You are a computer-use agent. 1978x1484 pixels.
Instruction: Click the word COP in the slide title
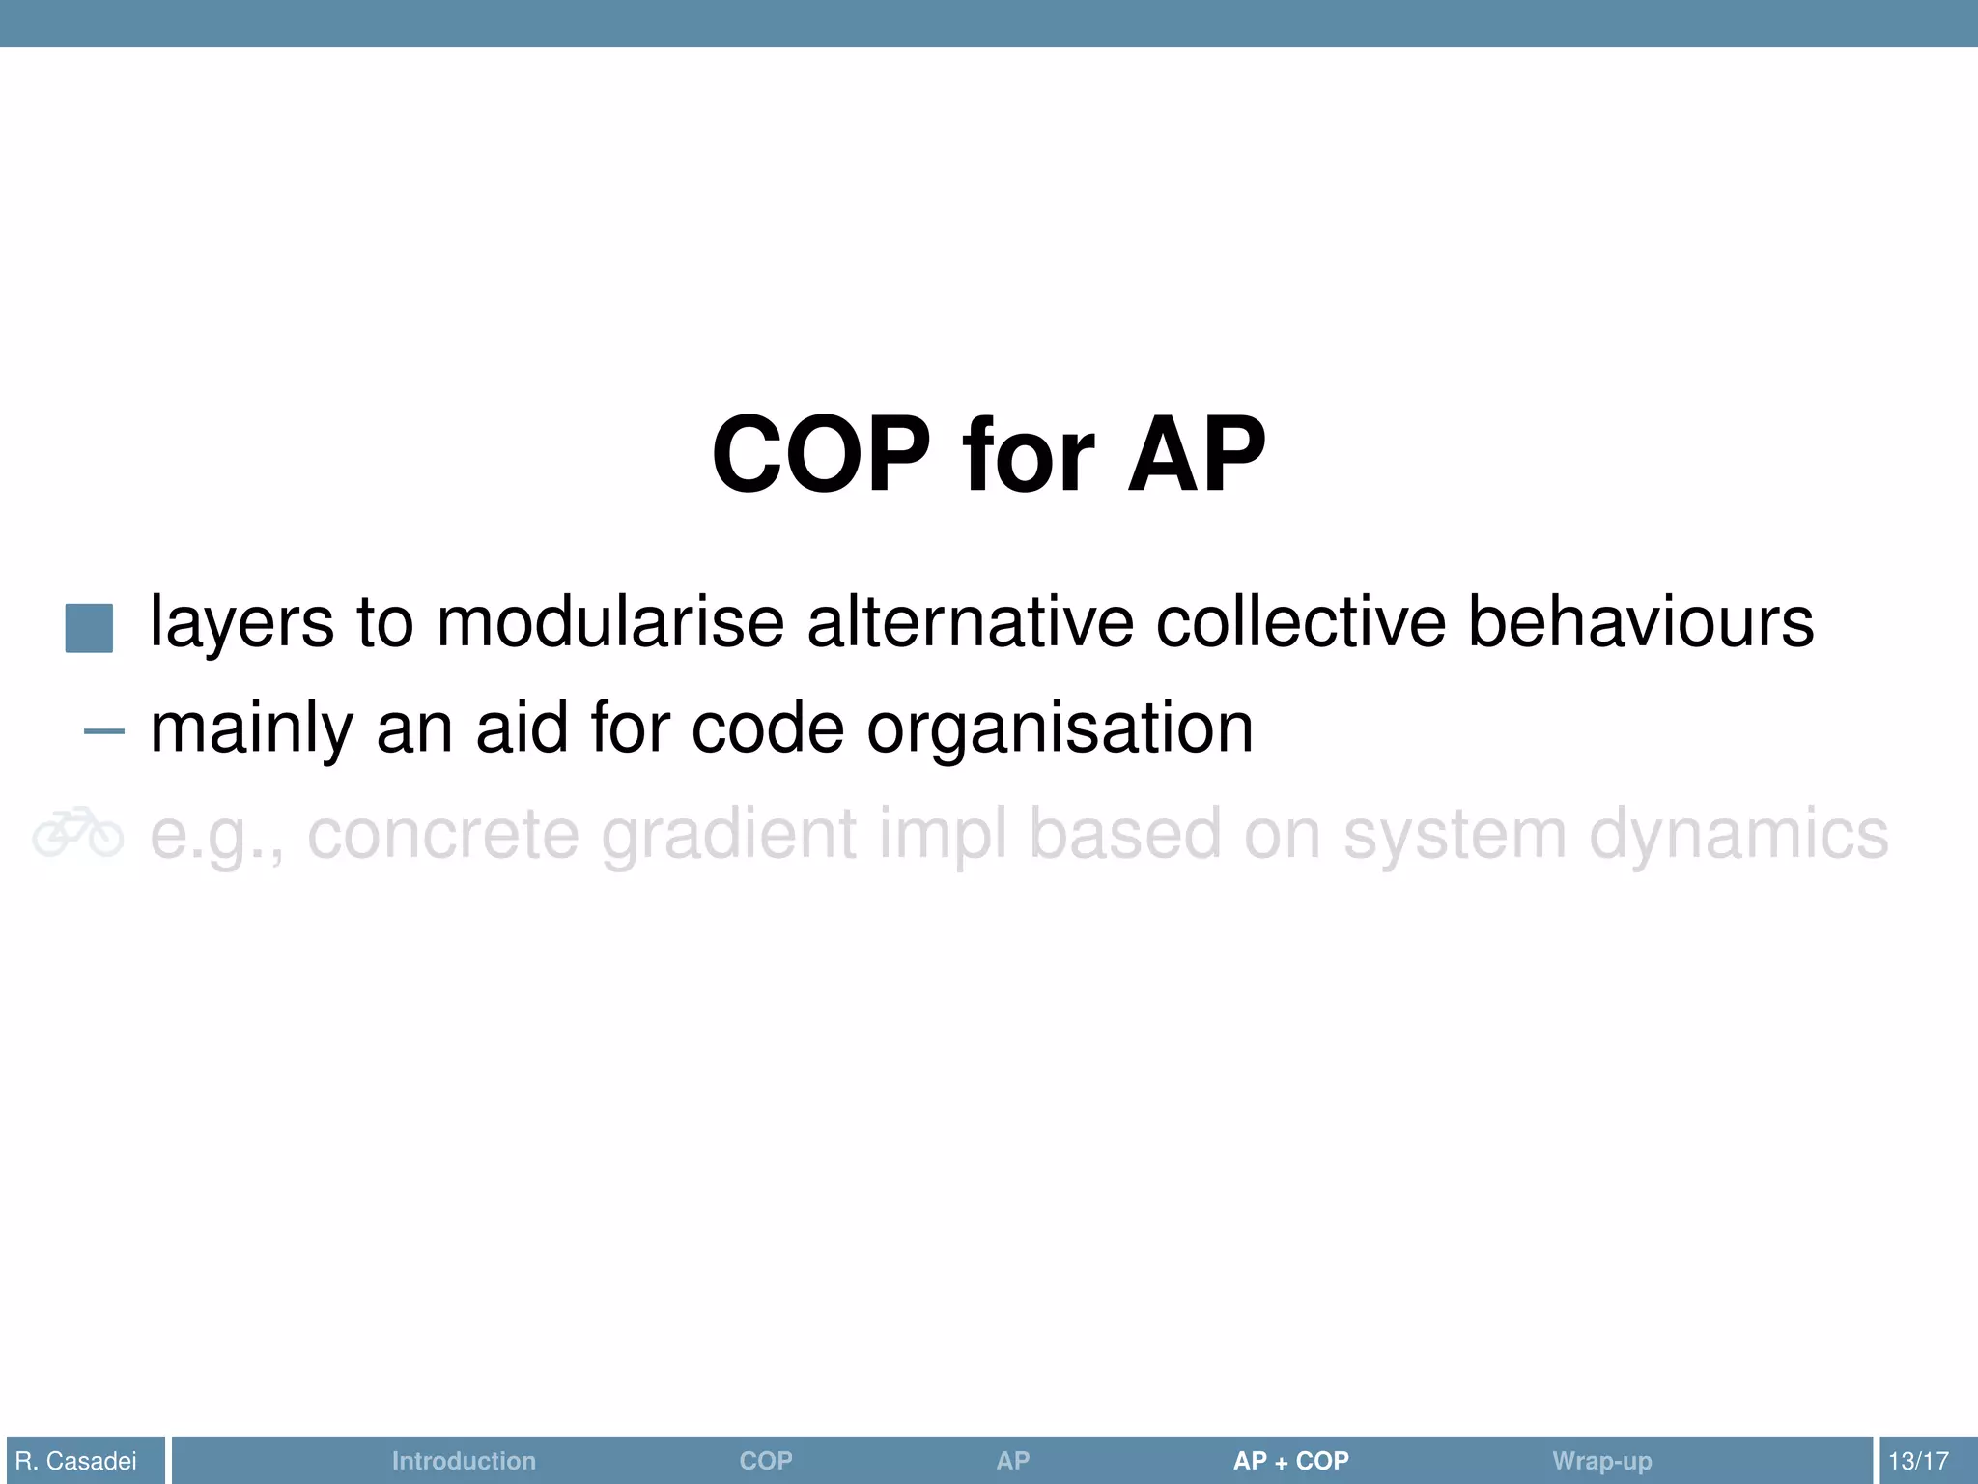tap(821, 454)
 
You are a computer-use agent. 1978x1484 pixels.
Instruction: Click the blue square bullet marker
tap(89, 628)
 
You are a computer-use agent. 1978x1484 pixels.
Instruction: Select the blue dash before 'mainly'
tap(104, 731)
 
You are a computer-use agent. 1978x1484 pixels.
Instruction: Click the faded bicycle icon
tap(78, 833)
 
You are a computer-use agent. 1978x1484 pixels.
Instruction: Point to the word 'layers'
tap(241, 623)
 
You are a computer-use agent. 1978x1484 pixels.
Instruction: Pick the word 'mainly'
tap(252, 730)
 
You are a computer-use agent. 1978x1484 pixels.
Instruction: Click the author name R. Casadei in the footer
tap(76, 1461)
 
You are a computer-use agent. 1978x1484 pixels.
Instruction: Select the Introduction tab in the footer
tap(464, 1461)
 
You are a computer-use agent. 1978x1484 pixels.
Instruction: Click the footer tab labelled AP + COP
tap(1290, 1461)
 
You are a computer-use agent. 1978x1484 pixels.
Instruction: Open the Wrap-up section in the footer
tap(1601, 1461)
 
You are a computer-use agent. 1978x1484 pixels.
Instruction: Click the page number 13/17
tap(1918, 1461)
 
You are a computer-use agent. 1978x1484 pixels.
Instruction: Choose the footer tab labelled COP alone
tap(766, 1461)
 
